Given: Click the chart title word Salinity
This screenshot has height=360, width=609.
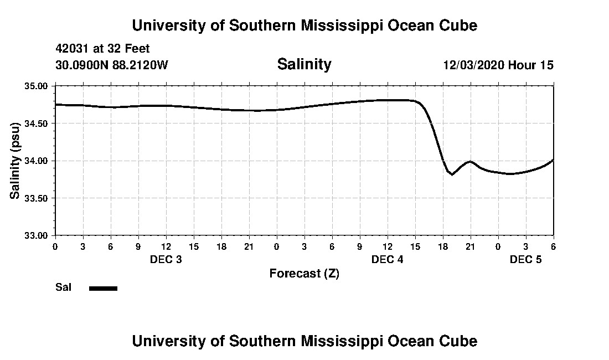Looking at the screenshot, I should [x=304, y=64].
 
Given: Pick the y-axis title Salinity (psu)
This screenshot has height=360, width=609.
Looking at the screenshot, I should [x=15, y=161].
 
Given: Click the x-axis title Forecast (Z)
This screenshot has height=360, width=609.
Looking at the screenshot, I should [x=304, y=274].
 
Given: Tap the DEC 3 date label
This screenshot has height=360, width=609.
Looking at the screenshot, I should [x=166, y=260].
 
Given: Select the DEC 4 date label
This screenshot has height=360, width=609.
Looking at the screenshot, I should [x=388, y=260].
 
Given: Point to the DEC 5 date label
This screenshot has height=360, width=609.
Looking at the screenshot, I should [x=526, y=260].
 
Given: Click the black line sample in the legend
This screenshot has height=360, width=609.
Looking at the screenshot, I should [x=104, y=288].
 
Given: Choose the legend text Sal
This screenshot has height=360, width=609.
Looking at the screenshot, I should [x=62, y=287].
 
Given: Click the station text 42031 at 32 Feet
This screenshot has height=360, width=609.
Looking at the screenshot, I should [x=102, y=49].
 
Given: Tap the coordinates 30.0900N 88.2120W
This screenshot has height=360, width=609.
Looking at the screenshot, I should [x=112, y=65].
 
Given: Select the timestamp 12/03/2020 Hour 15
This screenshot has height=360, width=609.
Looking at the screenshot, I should [x=498, y=65].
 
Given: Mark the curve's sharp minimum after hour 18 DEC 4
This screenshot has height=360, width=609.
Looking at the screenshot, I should [x=452, y=174].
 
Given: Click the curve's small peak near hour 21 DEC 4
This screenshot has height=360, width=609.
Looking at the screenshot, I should [x=470, y=161].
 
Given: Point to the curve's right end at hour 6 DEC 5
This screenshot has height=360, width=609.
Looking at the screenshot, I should [x=553, y=160].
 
